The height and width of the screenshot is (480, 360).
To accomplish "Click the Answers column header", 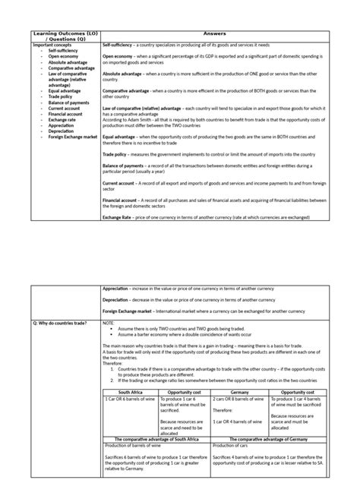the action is click(x=220, y=34).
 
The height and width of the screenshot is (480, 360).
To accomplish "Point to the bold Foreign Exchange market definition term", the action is click(x=131, y=311).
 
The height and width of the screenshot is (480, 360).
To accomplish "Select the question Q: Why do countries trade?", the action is click(x=60, y=322).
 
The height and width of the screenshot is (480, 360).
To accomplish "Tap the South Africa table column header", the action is click(x=130, y=393).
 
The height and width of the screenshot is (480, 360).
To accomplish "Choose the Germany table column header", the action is click(x=239, y=393).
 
